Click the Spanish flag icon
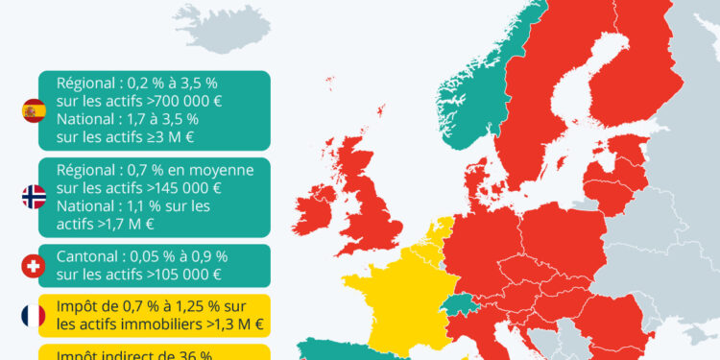(34, 111)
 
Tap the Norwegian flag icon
(34, 198)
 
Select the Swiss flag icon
(34, 266)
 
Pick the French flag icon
(34, 315)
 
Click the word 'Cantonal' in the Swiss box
(89, 256)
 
